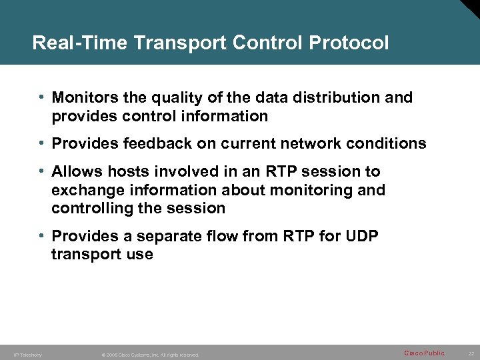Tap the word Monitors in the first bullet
(85, 97)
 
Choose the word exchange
(85, 190)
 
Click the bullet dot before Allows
(42, 171)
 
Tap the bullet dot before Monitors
(42, 97)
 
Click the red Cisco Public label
(424, 353)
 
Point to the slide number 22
(471, 353)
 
